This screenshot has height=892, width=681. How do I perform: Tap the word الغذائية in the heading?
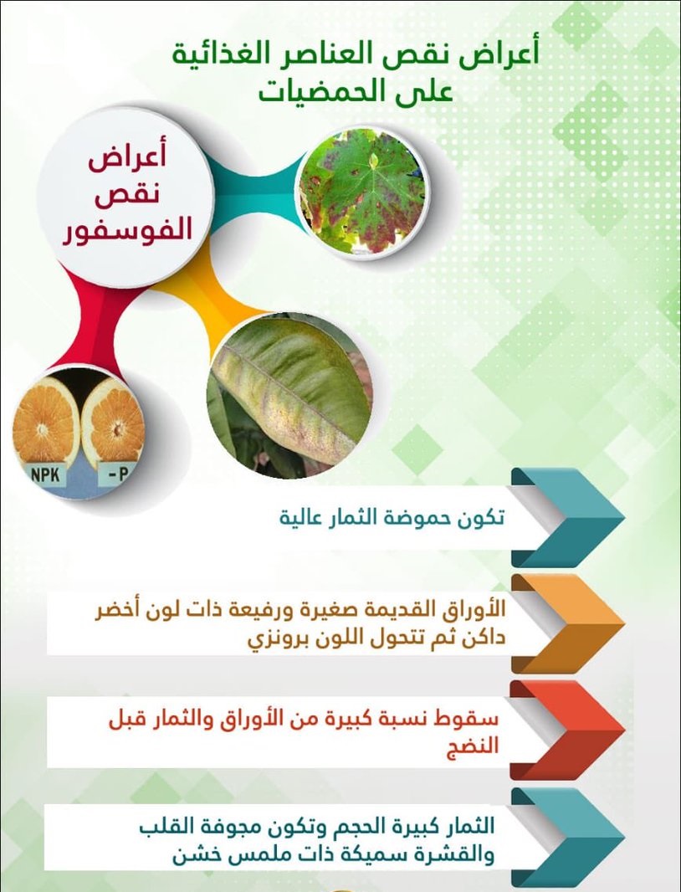coord(222,55)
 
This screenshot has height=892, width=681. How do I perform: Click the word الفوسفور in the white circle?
coord(127,230)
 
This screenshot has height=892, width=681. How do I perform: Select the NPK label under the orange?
coord(45,474)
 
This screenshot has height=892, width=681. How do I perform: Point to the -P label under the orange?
coord(116,474)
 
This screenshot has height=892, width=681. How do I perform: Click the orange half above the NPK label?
coord(45,420)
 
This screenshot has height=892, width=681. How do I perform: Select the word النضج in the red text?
coord(473,745)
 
